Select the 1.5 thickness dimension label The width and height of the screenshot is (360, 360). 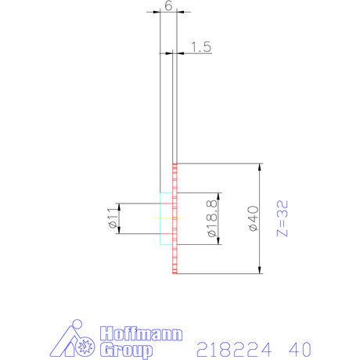(x=201, y=47)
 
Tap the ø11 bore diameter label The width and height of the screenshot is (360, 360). (x=112, y=218)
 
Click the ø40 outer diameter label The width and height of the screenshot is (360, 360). (x=252, y=218)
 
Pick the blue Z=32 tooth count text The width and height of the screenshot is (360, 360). (x=283, y=219)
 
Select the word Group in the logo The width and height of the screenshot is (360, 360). (x=126, y=350)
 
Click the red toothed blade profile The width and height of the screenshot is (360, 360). (x=175, y=219)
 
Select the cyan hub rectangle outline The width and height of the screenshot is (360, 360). (x=165, y=218)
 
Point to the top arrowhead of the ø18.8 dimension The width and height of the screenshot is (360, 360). (x=221, y=195)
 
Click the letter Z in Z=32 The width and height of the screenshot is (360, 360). (x=283, y=233)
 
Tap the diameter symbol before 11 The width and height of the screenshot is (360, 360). (x=112, y=226)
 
